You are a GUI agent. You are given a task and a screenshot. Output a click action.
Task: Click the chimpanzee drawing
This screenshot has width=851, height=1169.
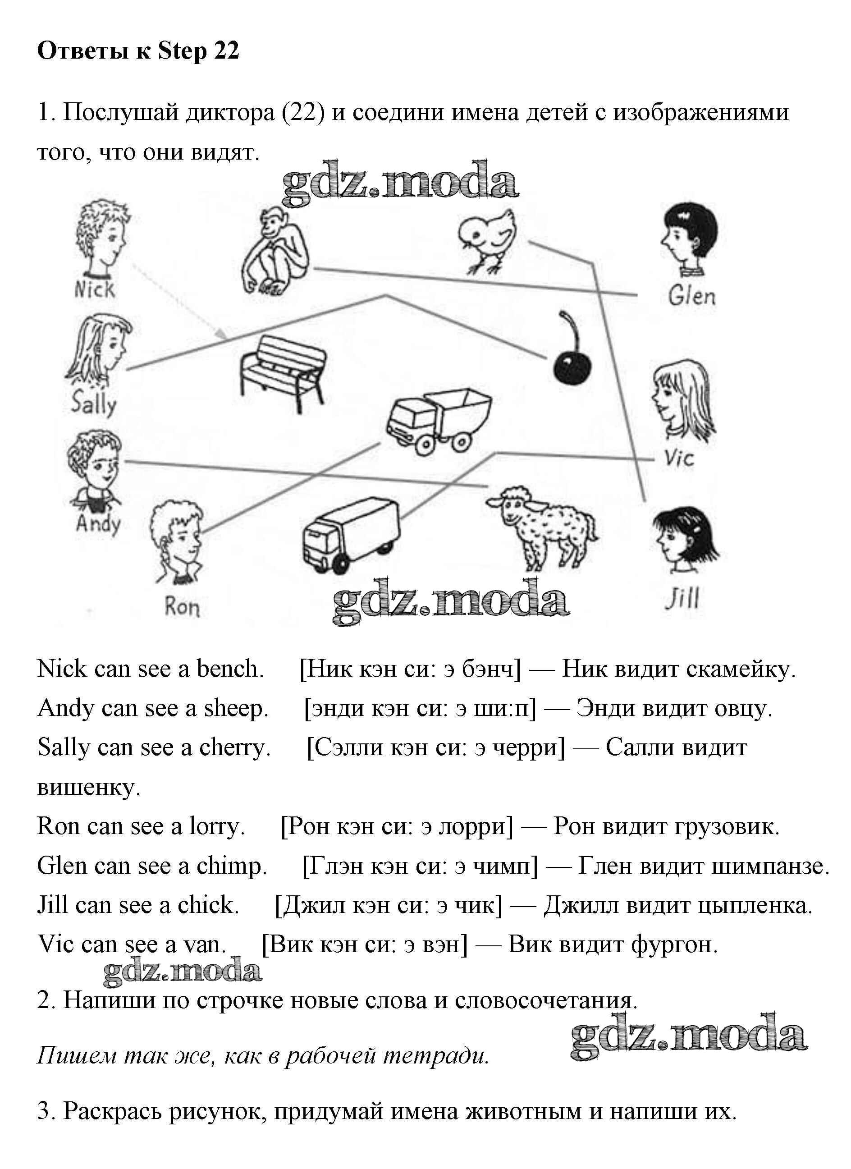[x=276, y=252]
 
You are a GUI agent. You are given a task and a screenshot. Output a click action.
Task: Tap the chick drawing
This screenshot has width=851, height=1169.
[x=487, y=240]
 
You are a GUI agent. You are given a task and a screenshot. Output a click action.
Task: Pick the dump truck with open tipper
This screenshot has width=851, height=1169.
[x=438, y=421]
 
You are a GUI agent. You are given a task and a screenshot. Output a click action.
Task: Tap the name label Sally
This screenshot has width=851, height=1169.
[x=94, y=403]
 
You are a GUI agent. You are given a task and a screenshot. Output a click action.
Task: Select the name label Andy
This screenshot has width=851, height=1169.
[x=98, y=524]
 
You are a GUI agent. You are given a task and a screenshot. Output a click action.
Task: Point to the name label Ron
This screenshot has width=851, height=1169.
[x=182, y=606]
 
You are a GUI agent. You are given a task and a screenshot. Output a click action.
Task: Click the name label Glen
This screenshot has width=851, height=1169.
[x=692, y=296]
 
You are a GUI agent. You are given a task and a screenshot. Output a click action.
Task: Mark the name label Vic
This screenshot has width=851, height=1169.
[x=679, y=458]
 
